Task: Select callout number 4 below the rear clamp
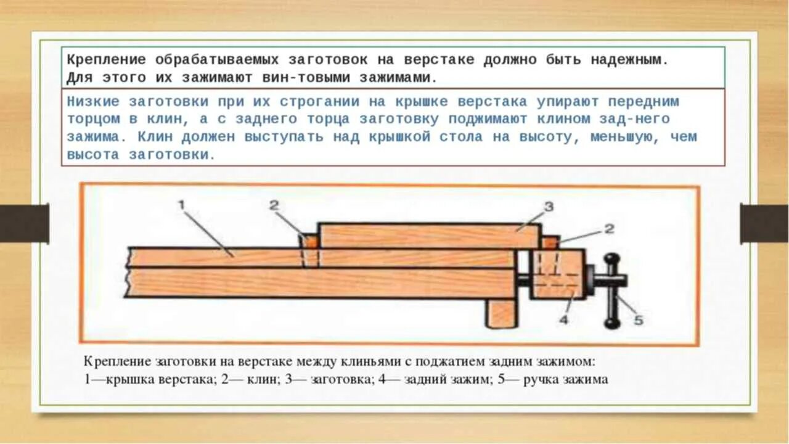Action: point(564,319)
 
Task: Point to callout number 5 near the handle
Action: point(638,320)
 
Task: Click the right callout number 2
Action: point(609,229)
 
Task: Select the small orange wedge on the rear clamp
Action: point(550,242)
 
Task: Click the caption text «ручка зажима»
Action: point(565,380)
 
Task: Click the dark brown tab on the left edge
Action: point(24,223)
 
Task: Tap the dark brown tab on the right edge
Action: point(764,223)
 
